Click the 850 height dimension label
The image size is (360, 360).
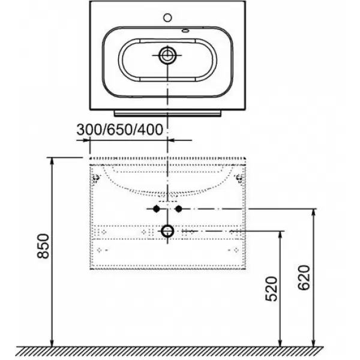click(x=43, y=246)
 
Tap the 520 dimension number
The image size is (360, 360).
click(x=271, y=289)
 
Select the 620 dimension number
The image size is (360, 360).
click(x=304, y=278)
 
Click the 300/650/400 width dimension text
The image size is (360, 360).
click(x=119, y=130)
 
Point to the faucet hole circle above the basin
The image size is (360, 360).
click(x=167, y=17)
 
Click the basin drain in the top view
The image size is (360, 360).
click(x=167, y=55)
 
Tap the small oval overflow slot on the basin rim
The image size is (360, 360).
click(x=185, y=31)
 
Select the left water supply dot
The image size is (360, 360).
click(x=157, y=209)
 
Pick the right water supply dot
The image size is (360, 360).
click(x=179, y=209)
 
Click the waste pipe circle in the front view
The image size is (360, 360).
click(x=167, y=231)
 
